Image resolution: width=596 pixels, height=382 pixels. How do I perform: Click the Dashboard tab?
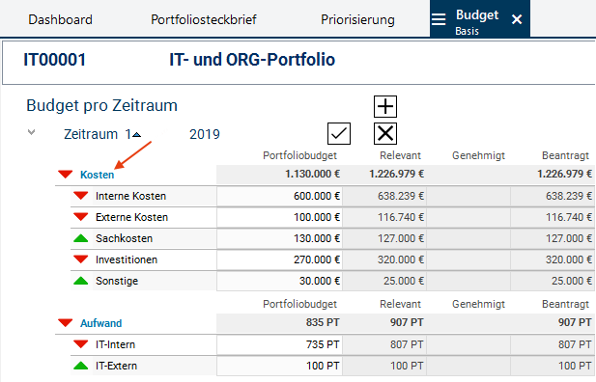[x=60, y=19]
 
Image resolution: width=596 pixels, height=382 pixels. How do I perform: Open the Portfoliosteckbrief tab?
[x=204, y=19]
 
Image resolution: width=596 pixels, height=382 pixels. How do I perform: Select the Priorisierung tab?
[x=357, y=19]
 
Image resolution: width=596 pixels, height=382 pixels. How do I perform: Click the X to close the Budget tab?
[x=517, y=19]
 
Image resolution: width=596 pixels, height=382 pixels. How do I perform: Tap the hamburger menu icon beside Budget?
[x=439, y=19]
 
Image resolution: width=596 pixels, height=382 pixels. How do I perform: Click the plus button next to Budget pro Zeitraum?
[x=385, y=106]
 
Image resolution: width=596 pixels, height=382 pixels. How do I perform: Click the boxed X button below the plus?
[x=385, y=134]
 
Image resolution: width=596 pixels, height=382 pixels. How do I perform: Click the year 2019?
[x=205, y=134]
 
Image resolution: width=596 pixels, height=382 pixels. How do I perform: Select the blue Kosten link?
[x=97, y=175]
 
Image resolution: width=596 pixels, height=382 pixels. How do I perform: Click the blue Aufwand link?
[x=101, y=323]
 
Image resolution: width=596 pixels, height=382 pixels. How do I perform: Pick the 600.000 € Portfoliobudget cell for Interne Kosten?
[x=279, y=196]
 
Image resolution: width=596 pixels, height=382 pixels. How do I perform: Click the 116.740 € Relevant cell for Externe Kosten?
[x=384, y=217]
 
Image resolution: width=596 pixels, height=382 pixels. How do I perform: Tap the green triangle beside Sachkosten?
[x=80, y=238]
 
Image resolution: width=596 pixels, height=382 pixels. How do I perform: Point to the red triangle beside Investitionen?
[x=80, y=259]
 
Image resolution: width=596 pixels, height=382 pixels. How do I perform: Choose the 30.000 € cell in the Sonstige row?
[x=279, y=281]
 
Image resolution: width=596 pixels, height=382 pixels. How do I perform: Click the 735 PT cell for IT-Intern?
[x=279, y=344]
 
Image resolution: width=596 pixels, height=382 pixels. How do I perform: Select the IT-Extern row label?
[x=116, y=366]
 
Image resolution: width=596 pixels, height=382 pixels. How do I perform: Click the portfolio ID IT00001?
[x=55, y=60]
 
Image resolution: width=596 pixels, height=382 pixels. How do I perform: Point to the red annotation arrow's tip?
[x=115, y=168]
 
